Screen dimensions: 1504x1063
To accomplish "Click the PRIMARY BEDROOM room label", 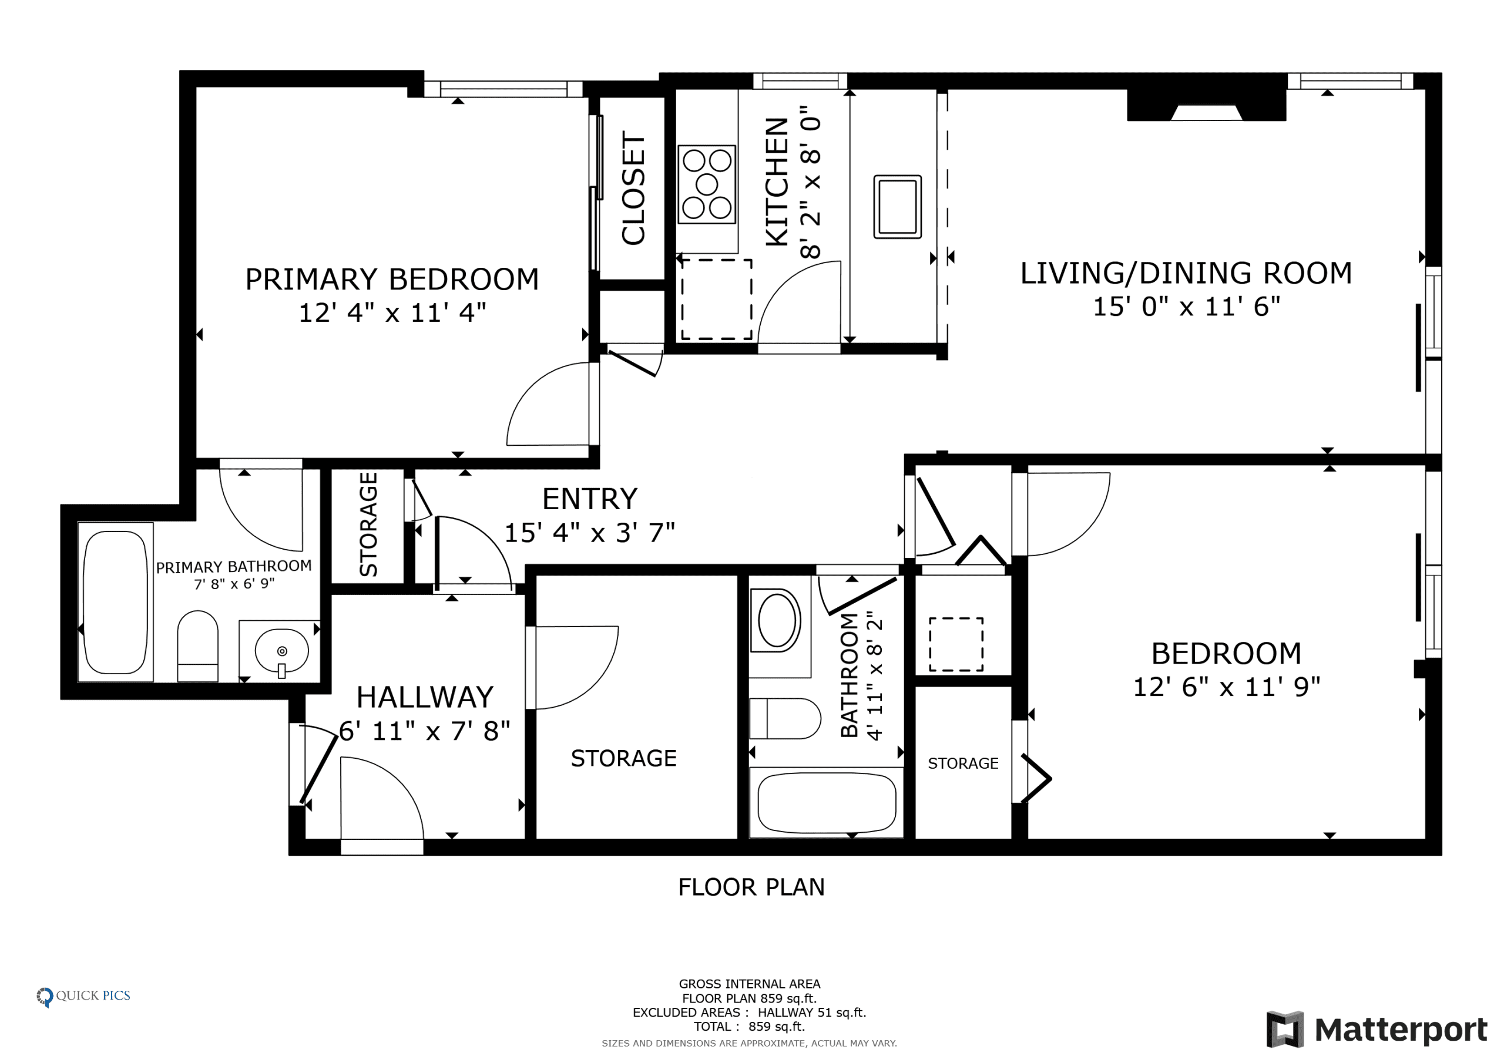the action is point(392,279).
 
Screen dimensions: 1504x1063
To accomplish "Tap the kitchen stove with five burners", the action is point(707,184).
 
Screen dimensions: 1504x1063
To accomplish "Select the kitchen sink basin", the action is point(898,206).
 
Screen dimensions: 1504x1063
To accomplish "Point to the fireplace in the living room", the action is point(1206,105).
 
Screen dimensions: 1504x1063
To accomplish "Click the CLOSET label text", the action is point(633,189).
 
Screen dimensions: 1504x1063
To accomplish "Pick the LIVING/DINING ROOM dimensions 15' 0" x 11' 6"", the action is point(1186,307).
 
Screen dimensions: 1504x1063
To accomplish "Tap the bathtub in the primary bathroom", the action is point(116,602).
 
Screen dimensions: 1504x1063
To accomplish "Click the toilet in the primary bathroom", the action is point(198,646).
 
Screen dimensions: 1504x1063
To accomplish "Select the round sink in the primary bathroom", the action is point(281,651).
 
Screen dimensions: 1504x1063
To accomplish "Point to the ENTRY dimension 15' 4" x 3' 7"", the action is point(589,533).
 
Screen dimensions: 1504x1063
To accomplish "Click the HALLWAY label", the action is point(425,697).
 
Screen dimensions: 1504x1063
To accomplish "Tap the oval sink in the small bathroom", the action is point(776,620).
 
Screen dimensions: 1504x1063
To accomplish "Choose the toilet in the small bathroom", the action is point(785,718).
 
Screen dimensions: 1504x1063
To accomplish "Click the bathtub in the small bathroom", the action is point(827,802).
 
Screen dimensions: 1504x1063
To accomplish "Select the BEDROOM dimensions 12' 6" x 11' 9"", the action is point(1226,687).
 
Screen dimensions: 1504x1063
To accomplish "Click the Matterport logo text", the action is point(1401,1030).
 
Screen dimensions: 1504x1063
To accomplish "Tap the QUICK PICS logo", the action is point(83,996).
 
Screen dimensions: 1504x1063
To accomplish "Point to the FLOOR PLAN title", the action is point(751,887).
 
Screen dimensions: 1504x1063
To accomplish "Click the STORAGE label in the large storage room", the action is point(623,758).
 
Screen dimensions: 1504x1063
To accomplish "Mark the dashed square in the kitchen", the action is point(717,300).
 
